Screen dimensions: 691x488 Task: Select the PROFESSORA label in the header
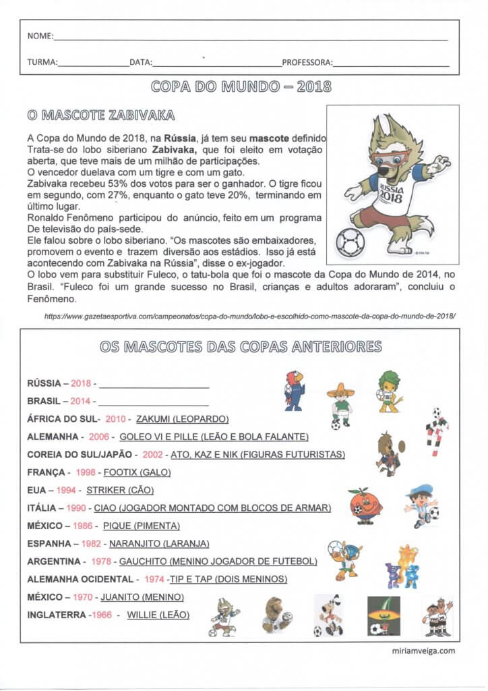(x=307, y=63)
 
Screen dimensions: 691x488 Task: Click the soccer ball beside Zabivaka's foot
(x=350, y=240)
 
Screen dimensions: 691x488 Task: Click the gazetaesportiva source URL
(x=250, y=315)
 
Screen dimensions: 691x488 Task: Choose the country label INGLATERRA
(x=57, y=615)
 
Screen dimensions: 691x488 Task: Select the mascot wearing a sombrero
(x=340, y=404)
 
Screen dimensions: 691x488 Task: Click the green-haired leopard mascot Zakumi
(x=389, y=391)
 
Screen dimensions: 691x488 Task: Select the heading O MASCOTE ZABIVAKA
(x=101, y=115)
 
